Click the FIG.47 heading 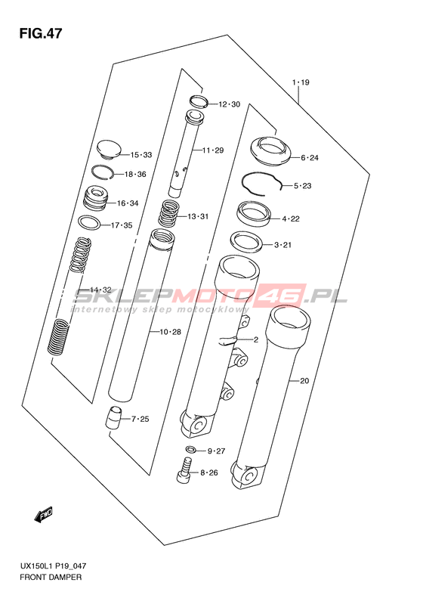[x=41, y=33]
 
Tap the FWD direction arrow [x=43, y=515]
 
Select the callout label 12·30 [x=229, y=104]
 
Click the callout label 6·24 [x=310, y=157]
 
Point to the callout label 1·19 [x=301, y=82]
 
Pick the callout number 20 [x=304, y=380]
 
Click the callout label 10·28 [x=170, y=332]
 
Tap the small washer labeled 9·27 [x=191, y=449]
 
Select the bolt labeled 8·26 [x=184, y=471]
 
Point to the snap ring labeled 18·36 [x=103, y=172]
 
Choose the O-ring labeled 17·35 [x=89, y=223]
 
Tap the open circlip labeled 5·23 [x=262, y=184]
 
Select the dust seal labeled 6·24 [x=271, y=151]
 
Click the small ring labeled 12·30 [x=199, y=101]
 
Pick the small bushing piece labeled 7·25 [x=113, y=417]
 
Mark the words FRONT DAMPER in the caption [x=51, y=577]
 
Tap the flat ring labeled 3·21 [x=246, y=241]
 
